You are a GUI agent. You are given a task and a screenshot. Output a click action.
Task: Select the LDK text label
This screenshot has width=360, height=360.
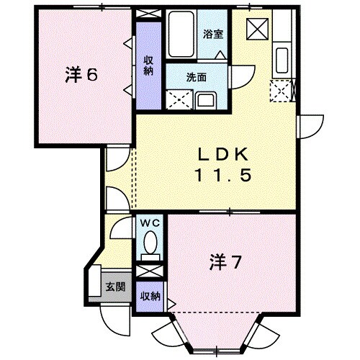point(224,154)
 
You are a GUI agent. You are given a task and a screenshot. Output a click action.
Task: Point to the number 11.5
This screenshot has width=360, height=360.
point(224,175)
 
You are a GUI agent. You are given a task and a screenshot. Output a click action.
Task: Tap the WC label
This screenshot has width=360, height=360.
point(150,222)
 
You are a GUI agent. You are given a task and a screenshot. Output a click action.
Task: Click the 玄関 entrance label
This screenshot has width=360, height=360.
point(115,287)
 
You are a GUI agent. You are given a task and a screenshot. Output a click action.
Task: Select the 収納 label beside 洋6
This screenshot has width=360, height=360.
point(148,65)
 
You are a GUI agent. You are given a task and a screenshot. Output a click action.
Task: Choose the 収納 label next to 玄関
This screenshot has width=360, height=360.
point(150,297)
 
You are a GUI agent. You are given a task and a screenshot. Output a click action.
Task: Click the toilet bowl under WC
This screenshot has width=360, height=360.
point(150,248)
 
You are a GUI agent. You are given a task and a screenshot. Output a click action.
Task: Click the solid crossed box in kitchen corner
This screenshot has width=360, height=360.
point(256,29)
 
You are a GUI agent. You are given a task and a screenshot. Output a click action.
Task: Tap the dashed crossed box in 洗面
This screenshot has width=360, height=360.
point(177,99)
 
